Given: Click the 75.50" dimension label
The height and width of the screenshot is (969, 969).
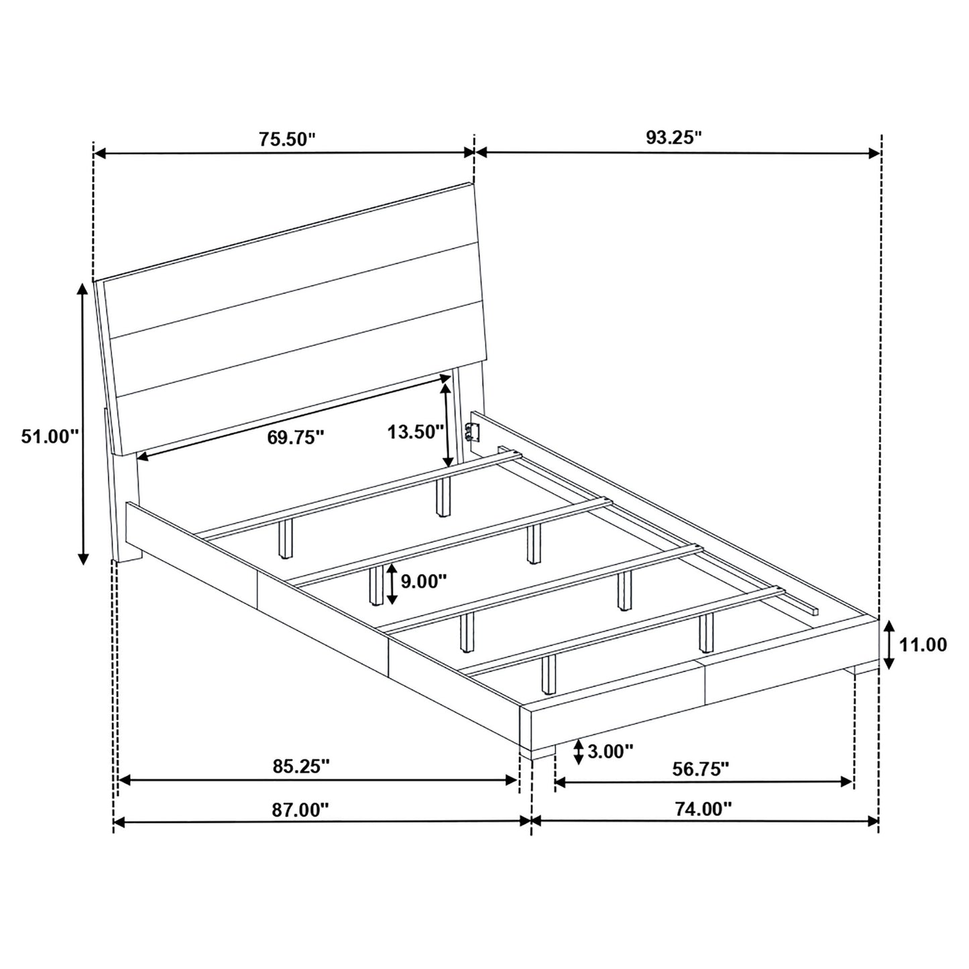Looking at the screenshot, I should click(x=287, y=139).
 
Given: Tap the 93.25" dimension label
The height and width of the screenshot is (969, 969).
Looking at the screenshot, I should click(x=674, y=137).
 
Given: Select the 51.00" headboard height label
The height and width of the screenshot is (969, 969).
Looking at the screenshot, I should click(x=50, y=437).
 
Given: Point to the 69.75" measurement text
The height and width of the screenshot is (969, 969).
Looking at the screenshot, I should click(x=296, y=437).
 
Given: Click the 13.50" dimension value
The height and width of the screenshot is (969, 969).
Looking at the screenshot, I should click(x=416, y=431).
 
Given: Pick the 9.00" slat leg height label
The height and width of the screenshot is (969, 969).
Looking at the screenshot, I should click(x=423, y=581).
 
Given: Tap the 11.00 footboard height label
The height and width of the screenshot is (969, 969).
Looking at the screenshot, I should click(x=923, y=645).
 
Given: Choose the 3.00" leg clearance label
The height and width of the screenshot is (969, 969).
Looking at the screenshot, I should click(x=610, y=751).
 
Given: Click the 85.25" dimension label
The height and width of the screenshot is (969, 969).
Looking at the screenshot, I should click(x=302, y=766).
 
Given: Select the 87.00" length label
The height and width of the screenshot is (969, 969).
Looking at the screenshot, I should click(x=301, y=809).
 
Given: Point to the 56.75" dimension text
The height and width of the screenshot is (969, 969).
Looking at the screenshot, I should click(x=701, y=768).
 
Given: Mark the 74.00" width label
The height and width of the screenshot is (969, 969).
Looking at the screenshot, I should click(x=703, y=809).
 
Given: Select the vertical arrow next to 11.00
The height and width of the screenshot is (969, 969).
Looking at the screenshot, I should click(x=889, y=645).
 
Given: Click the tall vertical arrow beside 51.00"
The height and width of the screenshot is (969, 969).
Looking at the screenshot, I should click(x=82, y=423).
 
